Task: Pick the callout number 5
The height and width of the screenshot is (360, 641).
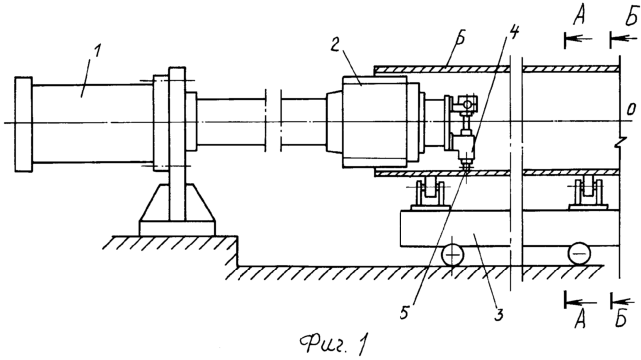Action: tap(405, 313)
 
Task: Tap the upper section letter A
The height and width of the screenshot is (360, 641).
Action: tap(580, 17)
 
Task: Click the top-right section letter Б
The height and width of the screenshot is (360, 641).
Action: tap(631, 17)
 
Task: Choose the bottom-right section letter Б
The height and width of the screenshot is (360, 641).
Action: tap(620, 318)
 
